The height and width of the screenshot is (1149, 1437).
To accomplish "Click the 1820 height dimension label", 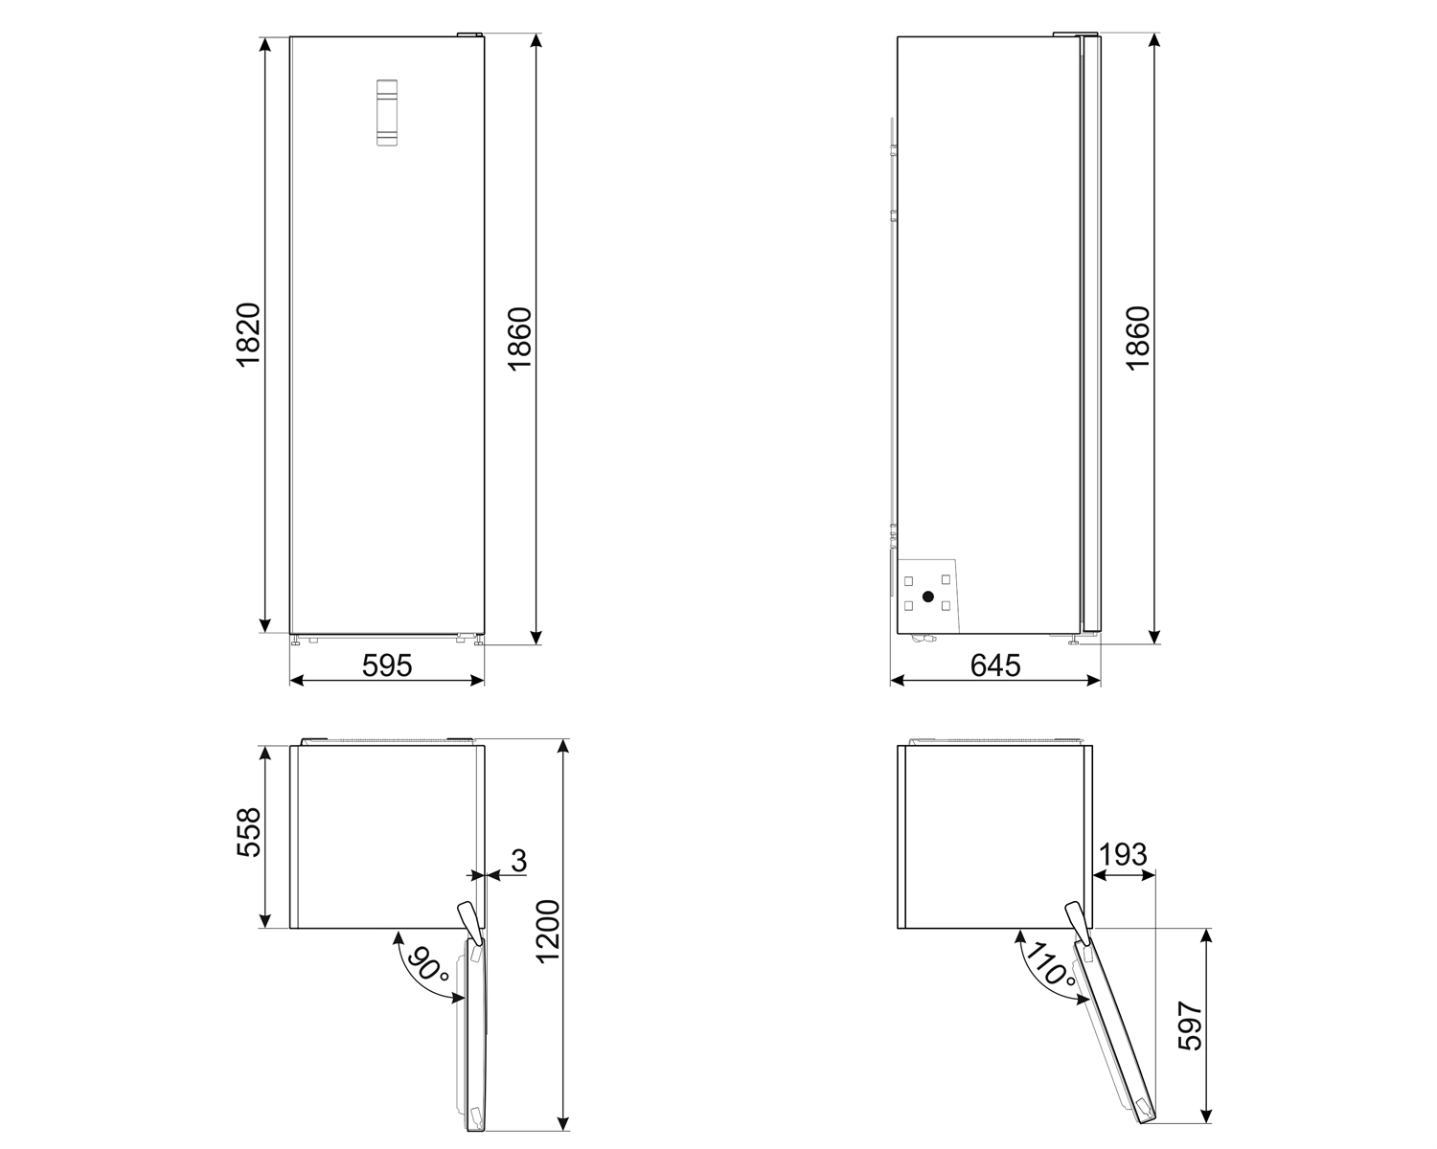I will coord(247,335).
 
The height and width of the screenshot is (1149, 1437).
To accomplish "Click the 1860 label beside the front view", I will coord(519,340).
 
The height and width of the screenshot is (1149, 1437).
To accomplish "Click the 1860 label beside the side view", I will coord(1136,340).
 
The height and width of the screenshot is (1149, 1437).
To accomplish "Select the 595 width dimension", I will coord(387,665).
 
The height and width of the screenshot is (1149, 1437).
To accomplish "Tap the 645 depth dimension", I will coord(995,665).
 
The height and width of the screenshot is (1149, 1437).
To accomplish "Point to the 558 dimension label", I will coord(247,833).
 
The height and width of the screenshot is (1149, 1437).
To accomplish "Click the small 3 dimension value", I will coord(518,860).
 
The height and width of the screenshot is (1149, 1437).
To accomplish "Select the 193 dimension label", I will coord(1123,854).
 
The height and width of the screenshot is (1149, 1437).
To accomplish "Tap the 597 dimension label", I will coord(1189,1026).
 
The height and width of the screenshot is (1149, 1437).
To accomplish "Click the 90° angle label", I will coord(427,967).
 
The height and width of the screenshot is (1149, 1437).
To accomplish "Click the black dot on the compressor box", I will coord(927,597).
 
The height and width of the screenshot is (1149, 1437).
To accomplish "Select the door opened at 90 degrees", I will coord(475,1034).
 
